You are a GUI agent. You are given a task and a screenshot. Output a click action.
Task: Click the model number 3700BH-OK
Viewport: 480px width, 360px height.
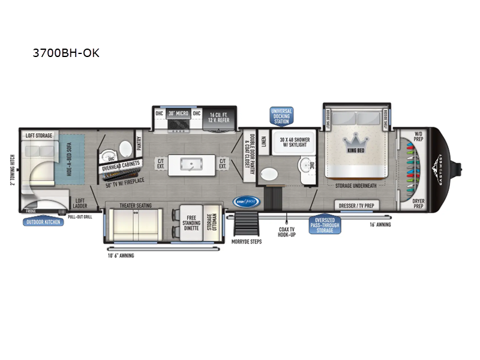click(66, 53)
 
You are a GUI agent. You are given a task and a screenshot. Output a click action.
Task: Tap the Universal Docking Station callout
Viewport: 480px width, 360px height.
click(281, 116)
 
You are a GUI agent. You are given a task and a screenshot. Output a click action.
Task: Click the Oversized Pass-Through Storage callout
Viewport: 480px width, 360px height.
click(325, 226)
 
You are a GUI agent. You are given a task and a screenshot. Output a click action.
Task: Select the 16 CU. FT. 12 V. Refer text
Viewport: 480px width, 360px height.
click(220, 115)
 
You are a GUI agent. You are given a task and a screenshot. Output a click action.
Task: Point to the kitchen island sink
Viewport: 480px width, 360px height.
click(193, 164)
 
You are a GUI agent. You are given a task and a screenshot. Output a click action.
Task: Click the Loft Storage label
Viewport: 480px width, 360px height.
click(38, 136)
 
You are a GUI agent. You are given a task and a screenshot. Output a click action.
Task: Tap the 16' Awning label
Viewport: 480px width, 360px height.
click(379, 225)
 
